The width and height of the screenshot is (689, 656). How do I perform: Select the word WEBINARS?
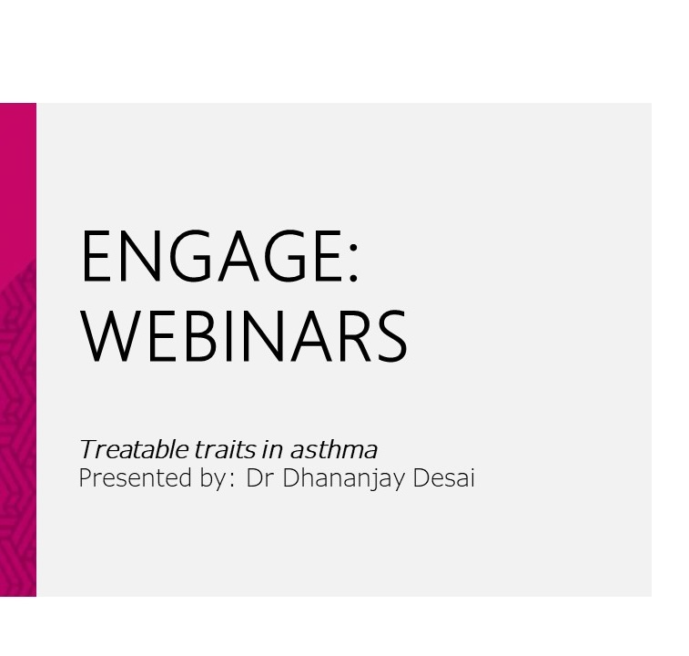pyautogui.click(x=244, y=335)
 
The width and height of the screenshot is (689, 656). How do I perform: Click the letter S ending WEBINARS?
pyautogui.click(x=391, y=335)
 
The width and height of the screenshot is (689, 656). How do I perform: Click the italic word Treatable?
pyautogui.click(x=134, y=450)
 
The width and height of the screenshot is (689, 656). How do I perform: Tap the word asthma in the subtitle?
pyautogui.click(x=333, y=450)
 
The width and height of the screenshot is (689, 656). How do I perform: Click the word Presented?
pyautogui.click(x=135, y=477)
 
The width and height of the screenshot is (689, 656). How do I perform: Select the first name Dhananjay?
pyautogui.click(x=343, y=478)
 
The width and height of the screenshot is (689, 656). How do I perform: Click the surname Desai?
pyautogui.click(x=444, y=477)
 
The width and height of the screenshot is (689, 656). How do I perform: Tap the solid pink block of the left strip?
pyautogui.click(x=18, y=180)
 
